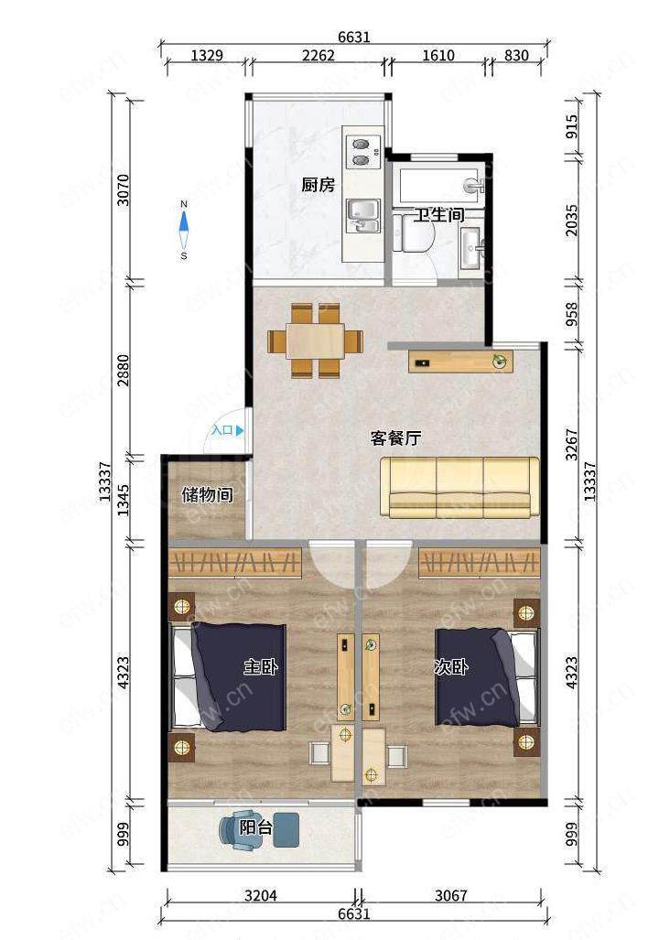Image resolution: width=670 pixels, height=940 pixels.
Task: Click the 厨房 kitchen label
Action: (x=319, y=185)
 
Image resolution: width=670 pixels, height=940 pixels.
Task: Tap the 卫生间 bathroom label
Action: (x=439, y=214)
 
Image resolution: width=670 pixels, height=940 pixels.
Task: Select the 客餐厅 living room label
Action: (x=395, y=438)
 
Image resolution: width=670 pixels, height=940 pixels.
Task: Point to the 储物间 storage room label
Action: (x=208, y=494)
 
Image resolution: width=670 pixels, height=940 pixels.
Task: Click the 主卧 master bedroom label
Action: (x=261, y=666)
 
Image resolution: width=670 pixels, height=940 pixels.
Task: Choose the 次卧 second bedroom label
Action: (x=451, y=666)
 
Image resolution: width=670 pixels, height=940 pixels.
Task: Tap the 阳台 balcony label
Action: (x=256, y=828)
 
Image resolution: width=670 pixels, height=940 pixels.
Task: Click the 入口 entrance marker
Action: (x=227, y=430)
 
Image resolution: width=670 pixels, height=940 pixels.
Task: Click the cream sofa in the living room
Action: (x=460, y=487)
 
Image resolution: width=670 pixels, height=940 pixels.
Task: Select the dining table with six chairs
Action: (x=315, y=340)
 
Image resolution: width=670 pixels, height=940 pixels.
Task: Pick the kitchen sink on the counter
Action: (x=363, y=216)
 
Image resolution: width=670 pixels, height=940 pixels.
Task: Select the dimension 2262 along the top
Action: (x=319, y=55)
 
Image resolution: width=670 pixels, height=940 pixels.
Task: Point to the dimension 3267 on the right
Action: (x=572, y=444)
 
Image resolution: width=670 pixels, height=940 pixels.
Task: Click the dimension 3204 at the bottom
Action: (x=261, y=896)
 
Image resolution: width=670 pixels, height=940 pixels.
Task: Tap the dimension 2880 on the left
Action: (x=123, y=370)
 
